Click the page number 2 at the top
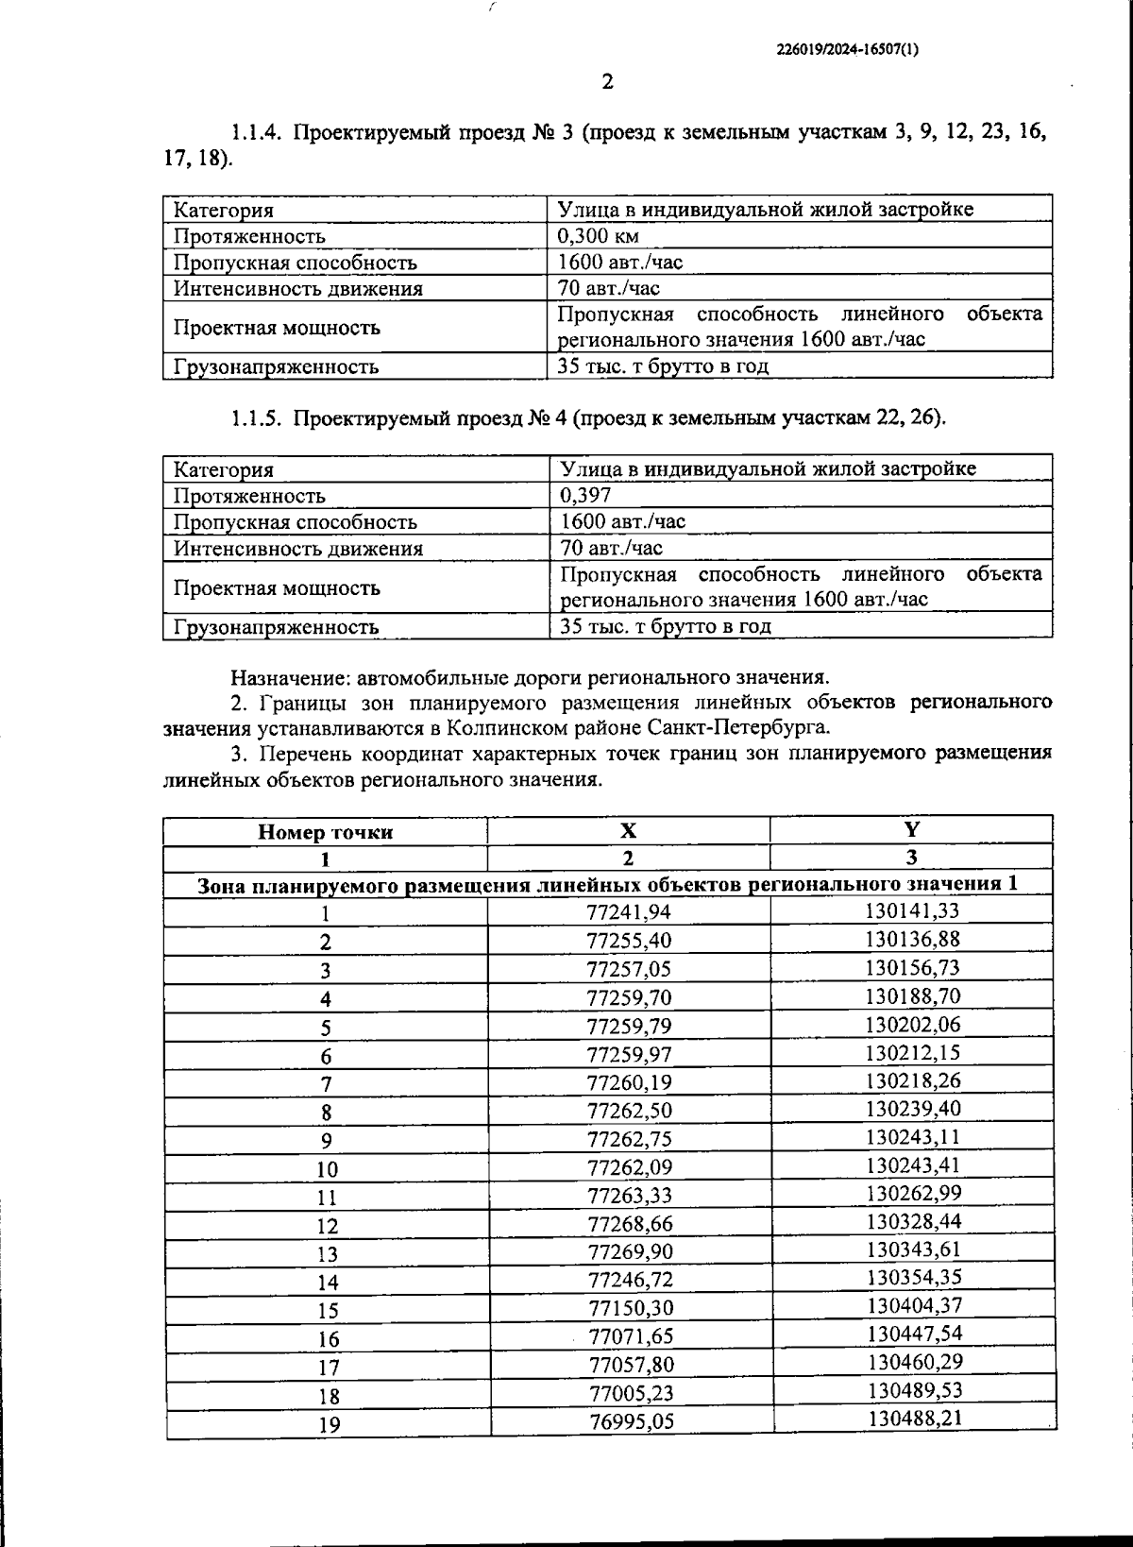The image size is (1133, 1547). click(608, 82)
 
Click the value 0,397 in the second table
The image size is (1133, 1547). click(585, 496)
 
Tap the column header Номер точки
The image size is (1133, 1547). click(326, 832)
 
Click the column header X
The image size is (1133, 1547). click(628, 831)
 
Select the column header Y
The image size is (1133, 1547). click(912, 830)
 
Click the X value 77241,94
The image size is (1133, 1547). click(629, 912)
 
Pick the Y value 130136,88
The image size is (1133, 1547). click(912, 939)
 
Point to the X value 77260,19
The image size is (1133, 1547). click(629, 1082)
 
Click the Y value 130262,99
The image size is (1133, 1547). click(912, 1193)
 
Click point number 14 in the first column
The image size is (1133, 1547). click(328, 1283)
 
